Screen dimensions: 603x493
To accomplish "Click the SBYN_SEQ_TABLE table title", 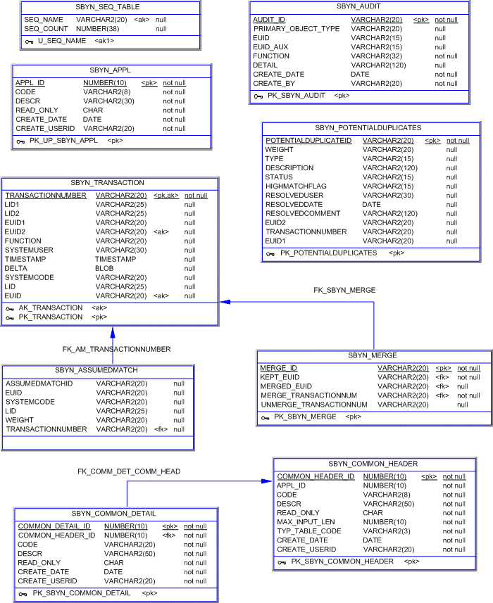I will pyautogui.click(x=107, y=7).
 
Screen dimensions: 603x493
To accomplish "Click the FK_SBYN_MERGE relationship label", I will pyautogui.click(x=344, y=290).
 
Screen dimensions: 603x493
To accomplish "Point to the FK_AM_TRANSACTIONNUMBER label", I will pyautogui.click(x=116, y=349).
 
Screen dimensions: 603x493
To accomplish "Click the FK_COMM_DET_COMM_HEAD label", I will pyautogui.click(x=129, y=471).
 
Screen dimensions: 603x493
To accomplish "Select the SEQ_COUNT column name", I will pyautogui.click(x=46, y=29).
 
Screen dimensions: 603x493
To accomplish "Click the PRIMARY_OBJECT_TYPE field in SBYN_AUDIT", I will pyautogui.click(x=297, y=29).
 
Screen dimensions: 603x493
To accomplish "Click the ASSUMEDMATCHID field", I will pyautogui.click(x=39, y=383).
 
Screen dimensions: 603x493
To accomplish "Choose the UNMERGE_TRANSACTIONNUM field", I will pyautogui.click(x=314, y=405).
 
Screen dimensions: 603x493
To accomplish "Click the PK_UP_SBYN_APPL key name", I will pyautogui.click(x=63, y=141).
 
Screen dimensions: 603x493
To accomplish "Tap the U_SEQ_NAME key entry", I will pyautogui.click(x=62, y=41).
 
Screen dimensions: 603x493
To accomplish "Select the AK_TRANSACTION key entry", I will pyautogui.click(x=51, y=307).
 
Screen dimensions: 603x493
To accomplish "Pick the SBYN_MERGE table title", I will pyautogui.click(x=373, y=356).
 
